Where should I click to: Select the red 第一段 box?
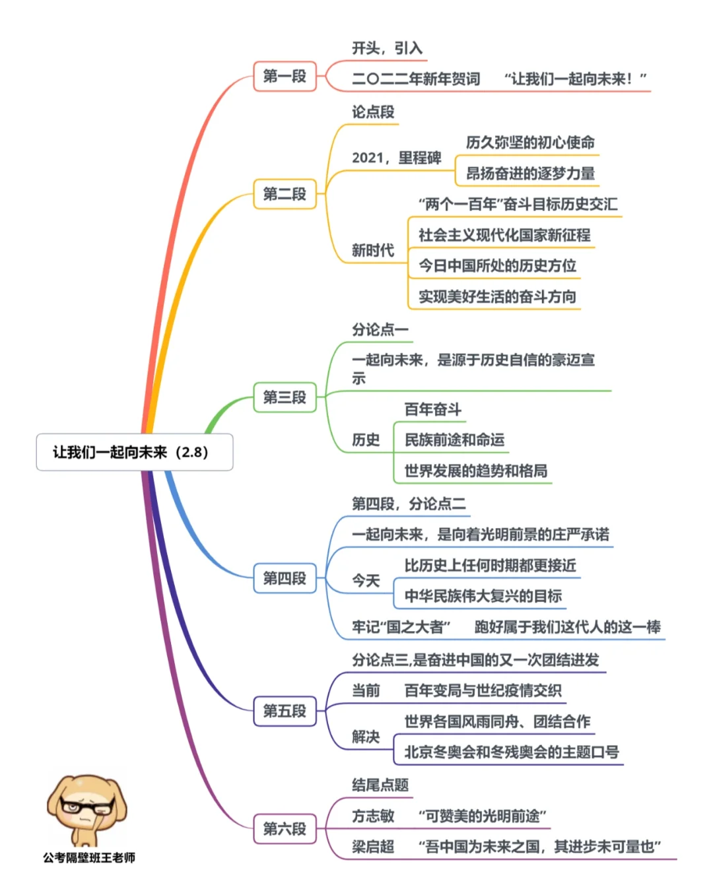click(x=285, y=76)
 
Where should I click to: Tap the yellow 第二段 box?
click(x=285, y=193)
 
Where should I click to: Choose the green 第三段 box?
click(x=285, y=397)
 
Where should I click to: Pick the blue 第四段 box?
click(x=285, y=578)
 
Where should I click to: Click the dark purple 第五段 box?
click(x=285, y=710)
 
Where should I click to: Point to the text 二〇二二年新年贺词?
click(x=416, y=79)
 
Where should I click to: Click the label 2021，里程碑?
click(x=396, y=158)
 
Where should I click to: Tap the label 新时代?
click(x=373, y=250)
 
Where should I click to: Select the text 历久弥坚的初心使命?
click(x=530, y=143)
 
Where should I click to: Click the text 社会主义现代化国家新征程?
click(x=504, y=235)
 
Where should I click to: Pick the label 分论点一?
click(x=380, y=329)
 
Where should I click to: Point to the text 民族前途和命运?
click(x=454, y=440)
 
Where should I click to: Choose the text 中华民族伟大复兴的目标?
click(x=483, y=596)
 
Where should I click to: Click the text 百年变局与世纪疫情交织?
click(x=483, y=690)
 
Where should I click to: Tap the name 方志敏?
click(x=373, y=816)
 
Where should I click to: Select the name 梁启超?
click(x=373, y=846)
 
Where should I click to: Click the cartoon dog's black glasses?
click(x=87, y=806)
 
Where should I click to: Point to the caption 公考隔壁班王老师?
click(x=89, y=857)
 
